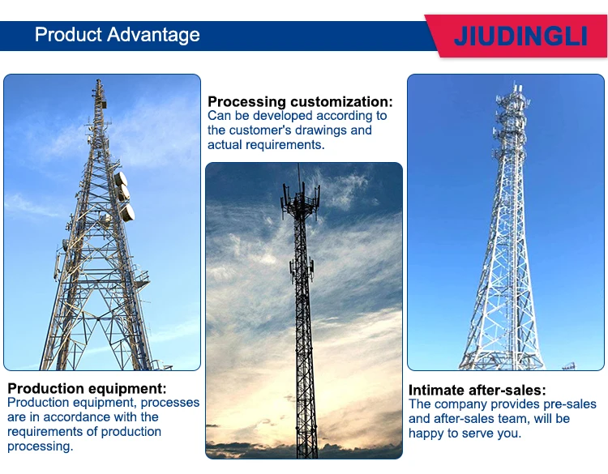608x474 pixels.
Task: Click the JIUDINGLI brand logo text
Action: [x=520, y=36]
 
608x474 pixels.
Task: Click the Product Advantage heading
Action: [x=118, y=35]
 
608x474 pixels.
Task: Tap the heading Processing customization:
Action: [x=300, y=101]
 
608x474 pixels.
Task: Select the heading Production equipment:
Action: [x=87, y=388]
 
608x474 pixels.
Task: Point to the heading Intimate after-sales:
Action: [x=477, y=390]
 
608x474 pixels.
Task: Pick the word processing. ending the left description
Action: [x=40, y=446]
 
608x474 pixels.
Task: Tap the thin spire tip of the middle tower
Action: [x=298, y=172]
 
